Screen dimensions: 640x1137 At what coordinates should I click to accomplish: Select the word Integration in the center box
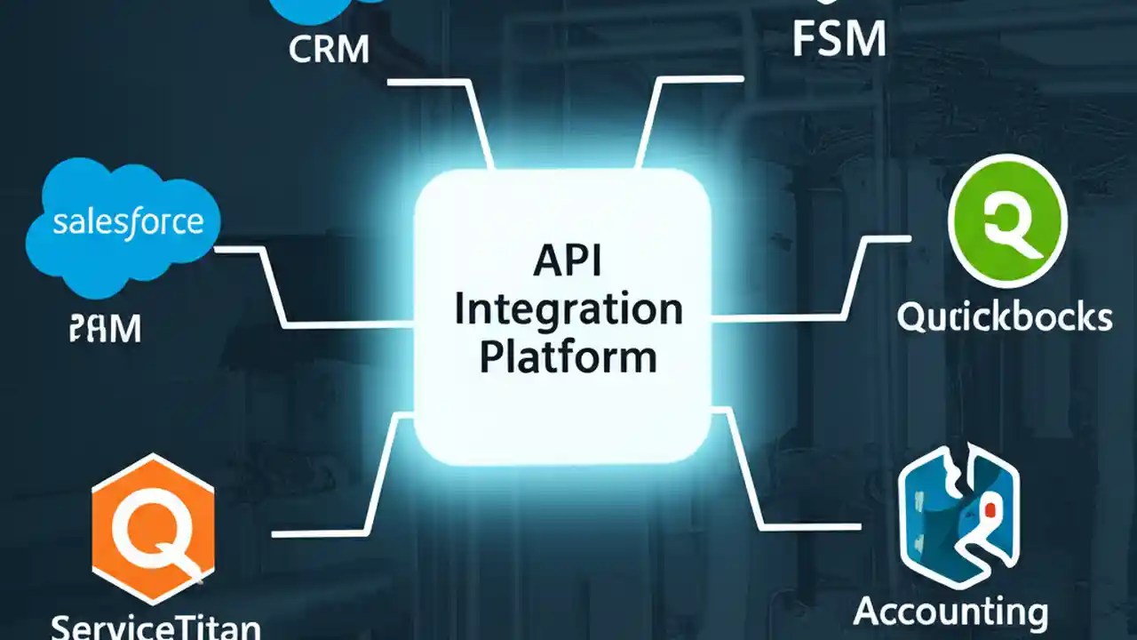(568, 311)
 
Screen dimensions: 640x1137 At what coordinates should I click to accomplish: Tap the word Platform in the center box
(568, 358)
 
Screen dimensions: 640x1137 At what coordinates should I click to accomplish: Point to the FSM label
(839, 38)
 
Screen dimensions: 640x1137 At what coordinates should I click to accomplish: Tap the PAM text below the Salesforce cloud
(104, 330)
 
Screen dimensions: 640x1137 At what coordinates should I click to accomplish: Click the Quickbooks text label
(1004, 317)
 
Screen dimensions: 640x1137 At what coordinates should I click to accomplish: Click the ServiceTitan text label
(155, 626)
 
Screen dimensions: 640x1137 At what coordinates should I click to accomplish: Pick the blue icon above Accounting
(958, 516)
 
